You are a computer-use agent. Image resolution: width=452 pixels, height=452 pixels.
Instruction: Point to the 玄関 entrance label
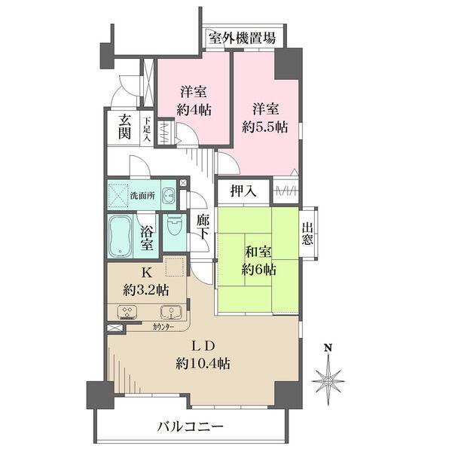(124, 129)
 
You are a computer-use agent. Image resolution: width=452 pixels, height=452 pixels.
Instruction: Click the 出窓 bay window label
(309, 231)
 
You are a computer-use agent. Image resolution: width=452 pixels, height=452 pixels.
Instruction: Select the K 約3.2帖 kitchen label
(148, 282)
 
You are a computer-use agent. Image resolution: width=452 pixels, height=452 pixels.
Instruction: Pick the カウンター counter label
(163, 327)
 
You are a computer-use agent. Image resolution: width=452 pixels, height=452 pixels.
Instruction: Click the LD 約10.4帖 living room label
(203, 354)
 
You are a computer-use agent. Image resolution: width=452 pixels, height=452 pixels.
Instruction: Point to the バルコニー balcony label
(190, 426)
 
